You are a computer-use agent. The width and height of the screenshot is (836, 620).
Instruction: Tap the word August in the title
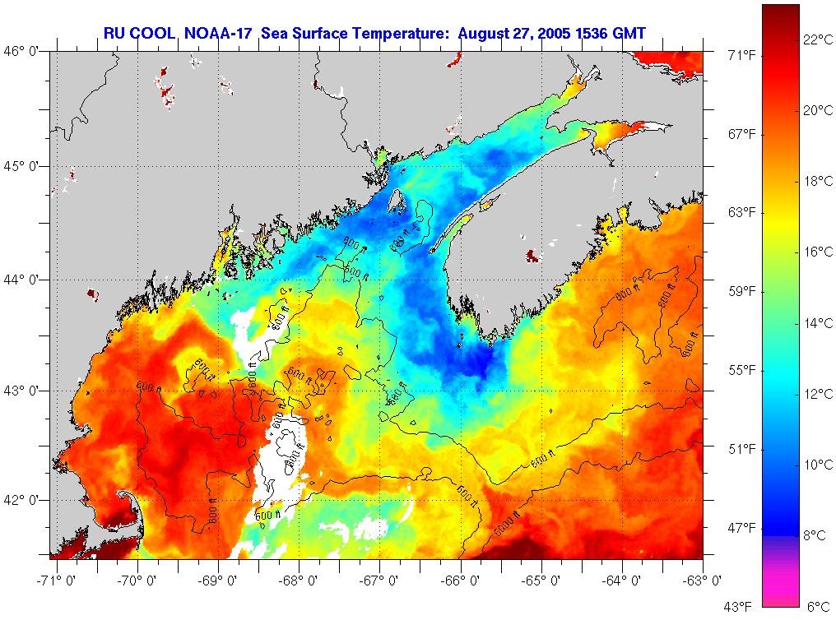pos(485,33)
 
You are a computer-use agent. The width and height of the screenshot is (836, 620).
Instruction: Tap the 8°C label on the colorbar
pos(814,535)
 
